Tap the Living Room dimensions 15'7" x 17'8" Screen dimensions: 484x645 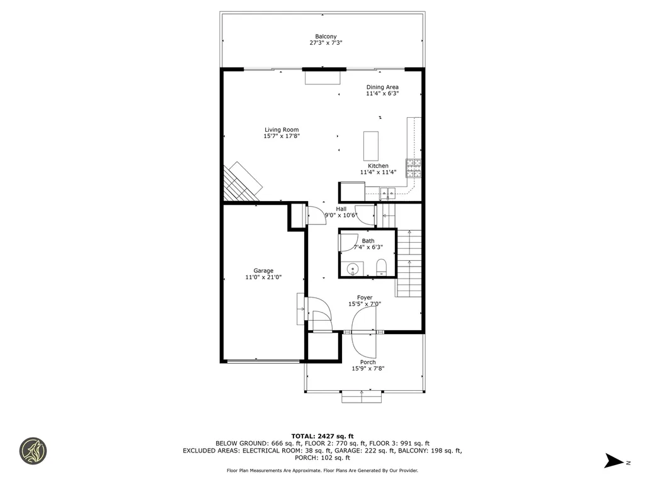pos(282,136)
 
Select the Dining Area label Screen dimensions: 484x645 pos(382,87)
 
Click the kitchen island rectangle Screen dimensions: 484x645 pos(370,146)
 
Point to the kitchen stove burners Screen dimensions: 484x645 pos(414,167)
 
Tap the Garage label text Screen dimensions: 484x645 pos(263,270)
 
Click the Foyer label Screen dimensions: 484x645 pos(364,297)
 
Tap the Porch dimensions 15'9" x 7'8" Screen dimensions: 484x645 pos(368,369)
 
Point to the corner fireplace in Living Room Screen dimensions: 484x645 pos(242,183)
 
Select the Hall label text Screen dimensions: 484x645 pos(341,209)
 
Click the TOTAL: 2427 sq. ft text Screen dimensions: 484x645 pos(322,435)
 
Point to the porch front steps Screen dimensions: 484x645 pos(362,396)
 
